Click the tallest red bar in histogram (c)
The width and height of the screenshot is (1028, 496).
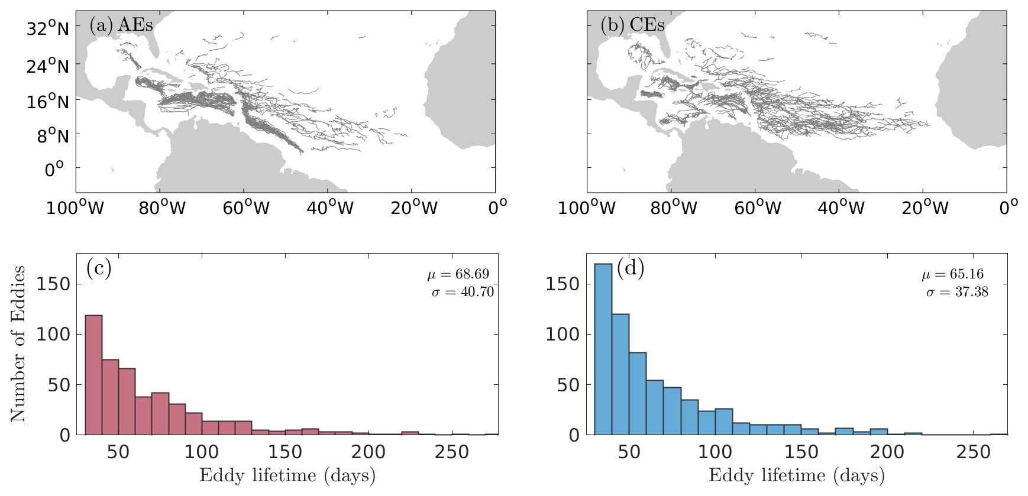coord(93,375)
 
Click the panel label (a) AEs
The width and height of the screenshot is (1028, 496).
coord(121,25)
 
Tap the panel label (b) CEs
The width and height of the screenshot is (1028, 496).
coord(632,25)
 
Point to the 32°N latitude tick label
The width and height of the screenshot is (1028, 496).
coord(47,28)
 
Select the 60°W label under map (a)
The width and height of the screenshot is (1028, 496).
coord(246,208)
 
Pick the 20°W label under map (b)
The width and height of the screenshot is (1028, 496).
coord(925,208)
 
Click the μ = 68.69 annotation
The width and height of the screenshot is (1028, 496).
coord(458,274)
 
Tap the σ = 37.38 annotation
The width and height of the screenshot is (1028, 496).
coord(957,292)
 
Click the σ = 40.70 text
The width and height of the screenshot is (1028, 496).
coord(463,292)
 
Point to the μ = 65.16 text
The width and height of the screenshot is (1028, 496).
coord(953,274)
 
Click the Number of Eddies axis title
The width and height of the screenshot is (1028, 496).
coord(18,344)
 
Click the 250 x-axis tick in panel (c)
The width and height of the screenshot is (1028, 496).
coord(452,453)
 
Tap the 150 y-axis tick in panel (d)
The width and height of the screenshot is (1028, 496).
coord(563,284)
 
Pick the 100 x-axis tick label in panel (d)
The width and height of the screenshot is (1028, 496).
coord(715,453)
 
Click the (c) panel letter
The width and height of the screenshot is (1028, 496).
coord(99,268)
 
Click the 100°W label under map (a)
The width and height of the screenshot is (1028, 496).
coord(75,208)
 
